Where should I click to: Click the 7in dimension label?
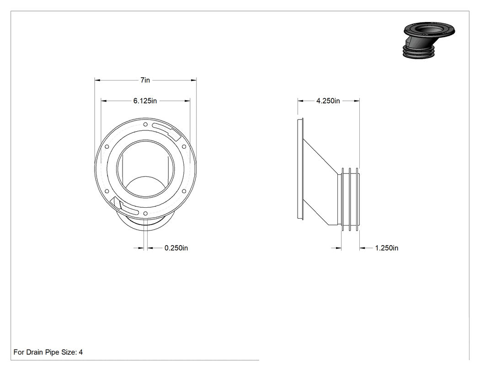coord(145,80)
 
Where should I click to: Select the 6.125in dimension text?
coord(145,101)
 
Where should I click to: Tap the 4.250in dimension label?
coord(328,101)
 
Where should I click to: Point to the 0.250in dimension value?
coord(176,248)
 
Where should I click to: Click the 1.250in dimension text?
coord(387,248)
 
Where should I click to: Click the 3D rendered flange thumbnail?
coord(428,39)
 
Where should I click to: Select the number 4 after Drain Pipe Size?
coord(81,352)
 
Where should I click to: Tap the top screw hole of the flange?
coord(145,124)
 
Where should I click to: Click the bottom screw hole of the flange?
coord(145,213)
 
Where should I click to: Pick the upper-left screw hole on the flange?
coord(107,147)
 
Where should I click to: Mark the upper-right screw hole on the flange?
coord(184,147)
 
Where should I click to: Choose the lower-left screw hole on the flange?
coord(107,191)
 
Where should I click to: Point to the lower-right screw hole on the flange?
coord(184,191)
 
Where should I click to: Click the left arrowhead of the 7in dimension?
coord(97,80)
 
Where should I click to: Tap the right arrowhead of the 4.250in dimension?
coord(357,101)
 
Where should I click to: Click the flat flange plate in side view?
coord(300,169)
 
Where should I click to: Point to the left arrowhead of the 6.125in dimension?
coord(104,101)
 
